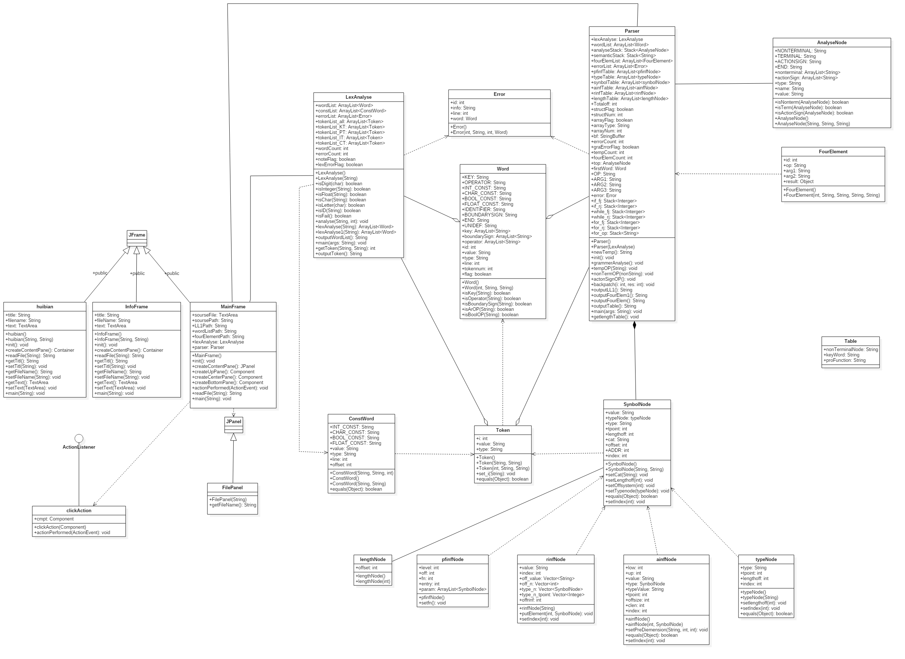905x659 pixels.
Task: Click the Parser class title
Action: pyautogui.click(x=632, y=31)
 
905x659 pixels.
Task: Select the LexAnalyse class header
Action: pyautogui.click(x=358, y=97)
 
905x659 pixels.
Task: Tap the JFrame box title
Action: pyautogui.click(x=137, y=235)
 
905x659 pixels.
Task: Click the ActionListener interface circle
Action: pyautogui.click(x=79, y=439)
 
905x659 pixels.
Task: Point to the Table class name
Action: pyautogui.click(x=850, y=341)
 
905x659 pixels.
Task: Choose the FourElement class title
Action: pyautogui.click(x=833, y=152)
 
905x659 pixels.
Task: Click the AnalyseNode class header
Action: pyautogui.click(x=831, y=43)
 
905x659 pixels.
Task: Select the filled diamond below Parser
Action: pyautogui.click(x=634, y=325)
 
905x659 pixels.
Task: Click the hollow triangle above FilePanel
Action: pyautogui.click(x=234, y=437)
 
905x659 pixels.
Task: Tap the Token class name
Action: pyautogui.click(x=503, y=430)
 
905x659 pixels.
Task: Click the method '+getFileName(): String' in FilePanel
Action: pyautogui.click(x=233, y=505)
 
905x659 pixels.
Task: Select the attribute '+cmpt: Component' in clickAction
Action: pyautogui.click(x=54, y=519)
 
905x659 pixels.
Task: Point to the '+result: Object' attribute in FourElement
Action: pyautogui.click(x=798, y=182)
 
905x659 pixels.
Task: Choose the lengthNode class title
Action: pyautogui.click(x=373, y=560)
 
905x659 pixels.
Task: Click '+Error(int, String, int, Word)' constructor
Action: pyautogui.click(x=479, y=132)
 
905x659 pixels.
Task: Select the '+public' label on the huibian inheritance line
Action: pyautogui.click(x=100, y=274)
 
